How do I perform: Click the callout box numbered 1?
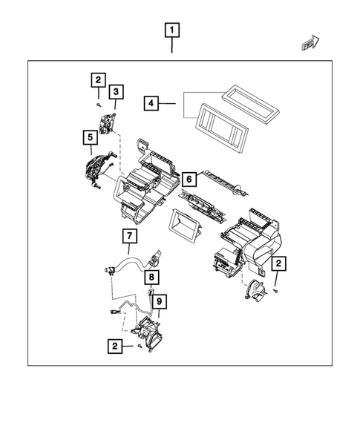pyautogui.click(x=172, y=31)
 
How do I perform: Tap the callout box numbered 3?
pyautogui.click(x=117, y=92)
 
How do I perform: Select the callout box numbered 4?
pyautogui.click(x=151, y=103)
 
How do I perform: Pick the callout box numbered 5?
pyautogui.click(x=90, y=137)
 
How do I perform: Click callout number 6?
pyautogui.click(x=189, y=180)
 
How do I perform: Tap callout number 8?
pyautogui.click(x=151, y=279)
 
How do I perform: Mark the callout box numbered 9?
pyautogui.click(x=160, y=300)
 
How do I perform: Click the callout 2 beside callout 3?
pyautogui.click(x=98, y=79)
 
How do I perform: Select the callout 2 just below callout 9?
pyautogui.click(x=114, y=346)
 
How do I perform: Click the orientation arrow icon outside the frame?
pyautogui.click(x=310, y=45)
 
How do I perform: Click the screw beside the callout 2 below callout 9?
pyautogui.click(x=139, y=346)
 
